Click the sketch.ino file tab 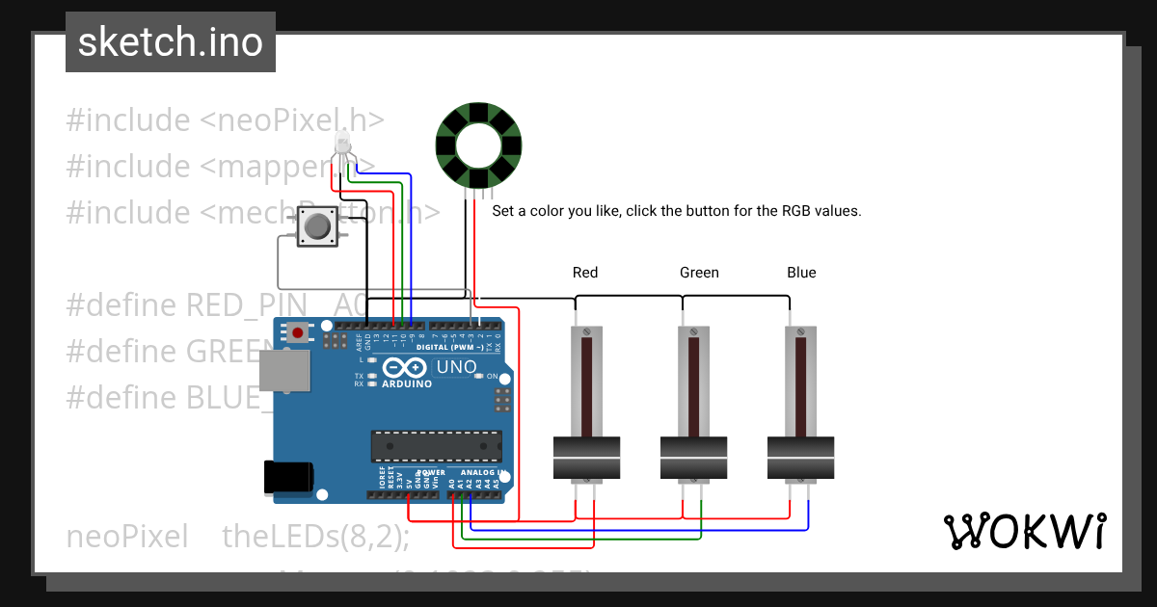(x=171, y=42)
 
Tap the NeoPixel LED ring (x=478, y=146)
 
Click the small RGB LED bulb (x=341, y=145)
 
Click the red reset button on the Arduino (x=298, y=333)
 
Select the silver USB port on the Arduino (x=284, y=371)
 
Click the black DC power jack (x=288, y=477)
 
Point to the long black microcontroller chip (x=437, y=446)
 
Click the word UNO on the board (x=457, y=367)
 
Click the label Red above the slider (x=585, y=273)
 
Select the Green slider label (x=699, y=273)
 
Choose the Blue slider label (x=801, y=273)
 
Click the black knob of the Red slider (x=586, y=458)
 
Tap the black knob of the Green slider (x=693, y=458)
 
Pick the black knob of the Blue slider (x=800, y=458)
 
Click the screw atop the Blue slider (x=800, y=332)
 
